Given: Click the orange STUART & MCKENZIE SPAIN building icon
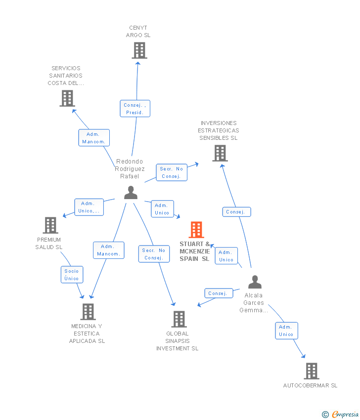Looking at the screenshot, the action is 196,230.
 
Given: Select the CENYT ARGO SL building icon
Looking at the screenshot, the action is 139,50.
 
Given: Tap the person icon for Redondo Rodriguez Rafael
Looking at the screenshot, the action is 131,193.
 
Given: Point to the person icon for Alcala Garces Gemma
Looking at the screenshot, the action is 255,282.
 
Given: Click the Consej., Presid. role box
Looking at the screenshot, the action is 135,109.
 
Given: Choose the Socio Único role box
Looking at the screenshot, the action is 72,275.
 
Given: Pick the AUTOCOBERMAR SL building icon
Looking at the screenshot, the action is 312,371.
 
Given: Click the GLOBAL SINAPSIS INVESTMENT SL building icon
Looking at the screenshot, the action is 179,319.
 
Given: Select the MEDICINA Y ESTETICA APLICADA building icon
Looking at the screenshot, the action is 88,312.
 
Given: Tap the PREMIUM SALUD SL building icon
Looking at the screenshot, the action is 50,225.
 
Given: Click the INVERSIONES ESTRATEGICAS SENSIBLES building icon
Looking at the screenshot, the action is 220,153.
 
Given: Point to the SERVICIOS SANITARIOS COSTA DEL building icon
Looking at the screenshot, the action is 67,98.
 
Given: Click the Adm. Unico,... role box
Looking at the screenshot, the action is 89,207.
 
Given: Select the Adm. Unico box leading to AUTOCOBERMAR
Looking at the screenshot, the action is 286,331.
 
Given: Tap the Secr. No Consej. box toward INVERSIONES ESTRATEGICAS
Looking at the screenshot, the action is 172,172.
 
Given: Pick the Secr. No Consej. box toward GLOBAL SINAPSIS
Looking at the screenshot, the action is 154,254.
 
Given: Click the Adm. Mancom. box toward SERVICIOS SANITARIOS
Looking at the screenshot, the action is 94,138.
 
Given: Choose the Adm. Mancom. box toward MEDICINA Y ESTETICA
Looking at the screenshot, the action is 109,250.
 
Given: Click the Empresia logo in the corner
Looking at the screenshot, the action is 340,414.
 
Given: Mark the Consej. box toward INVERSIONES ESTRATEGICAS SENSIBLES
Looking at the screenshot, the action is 236,212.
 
